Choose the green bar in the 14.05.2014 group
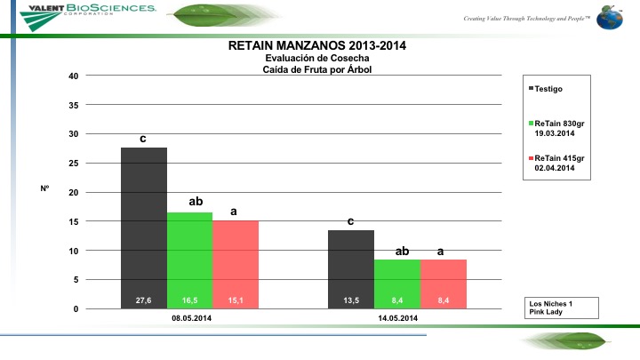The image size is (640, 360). pos(397,284)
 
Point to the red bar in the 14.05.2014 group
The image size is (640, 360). pos(444,284)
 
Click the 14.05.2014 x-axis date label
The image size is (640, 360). pos(397,318)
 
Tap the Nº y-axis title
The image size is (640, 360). pos(44,188)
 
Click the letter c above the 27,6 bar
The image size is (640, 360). pos(143,140)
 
